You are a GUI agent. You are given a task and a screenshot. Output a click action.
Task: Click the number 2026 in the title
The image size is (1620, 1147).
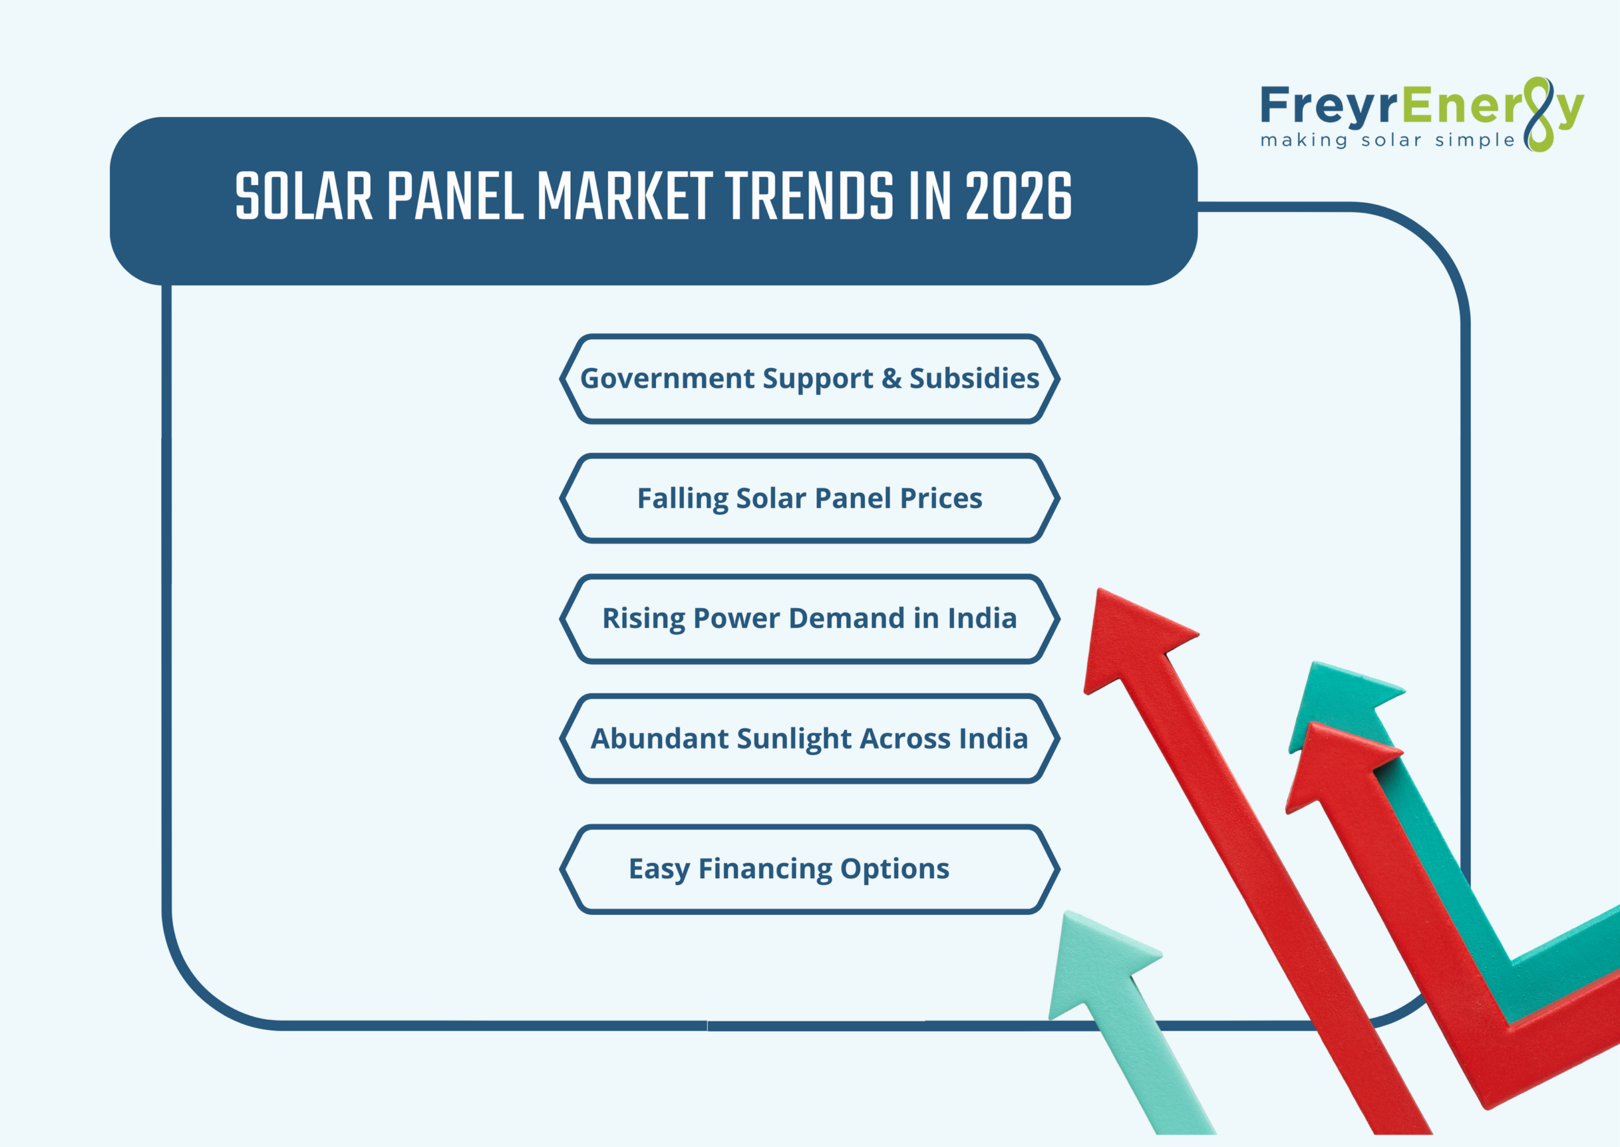tap(1018, 196)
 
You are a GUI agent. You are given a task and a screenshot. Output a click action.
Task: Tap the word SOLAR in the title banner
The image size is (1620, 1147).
tap(304, 196)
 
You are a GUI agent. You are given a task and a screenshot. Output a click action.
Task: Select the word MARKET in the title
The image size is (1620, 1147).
tap(624, 196)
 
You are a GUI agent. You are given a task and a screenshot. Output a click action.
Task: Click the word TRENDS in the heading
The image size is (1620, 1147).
tap(809, 196)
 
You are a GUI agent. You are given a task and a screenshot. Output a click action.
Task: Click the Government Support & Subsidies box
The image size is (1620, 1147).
tap(809, 378)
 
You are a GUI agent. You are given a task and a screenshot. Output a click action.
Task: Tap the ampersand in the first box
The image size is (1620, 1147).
tap(891, 378)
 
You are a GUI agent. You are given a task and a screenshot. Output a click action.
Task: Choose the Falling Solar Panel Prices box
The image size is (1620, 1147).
tap(809, 499)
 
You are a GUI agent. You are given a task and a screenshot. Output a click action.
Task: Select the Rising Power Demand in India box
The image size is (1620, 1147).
tap(809, 619)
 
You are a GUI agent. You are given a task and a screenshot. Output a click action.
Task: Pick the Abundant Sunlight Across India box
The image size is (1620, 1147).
tap(809, 739)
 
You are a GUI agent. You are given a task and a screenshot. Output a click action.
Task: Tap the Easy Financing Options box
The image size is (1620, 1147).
tap(809, 869)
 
